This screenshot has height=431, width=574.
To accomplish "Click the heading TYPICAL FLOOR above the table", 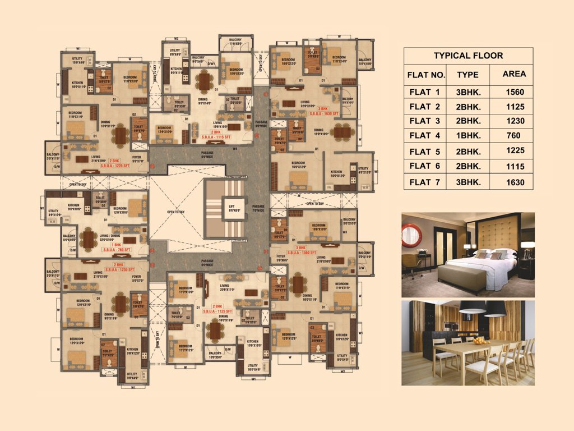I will point(468,56).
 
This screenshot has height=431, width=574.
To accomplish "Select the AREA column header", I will point(514,74).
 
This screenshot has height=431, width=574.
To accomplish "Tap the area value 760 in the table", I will point(513,135).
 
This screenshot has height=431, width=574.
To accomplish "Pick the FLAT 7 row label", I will point(424,182).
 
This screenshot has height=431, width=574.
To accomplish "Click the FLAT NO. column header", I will point(426,75).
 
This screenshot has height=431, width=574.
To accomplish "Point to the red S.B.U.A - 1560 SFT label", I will point(299,253).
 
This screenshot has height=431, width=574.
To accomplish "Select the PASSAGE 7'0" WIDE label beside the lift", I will point(258,209).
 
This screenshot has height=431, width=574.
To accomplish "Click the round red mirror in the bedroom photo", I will point(411,235).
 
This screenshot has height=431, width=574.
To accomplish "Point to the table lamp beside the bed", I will point(527,249).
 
